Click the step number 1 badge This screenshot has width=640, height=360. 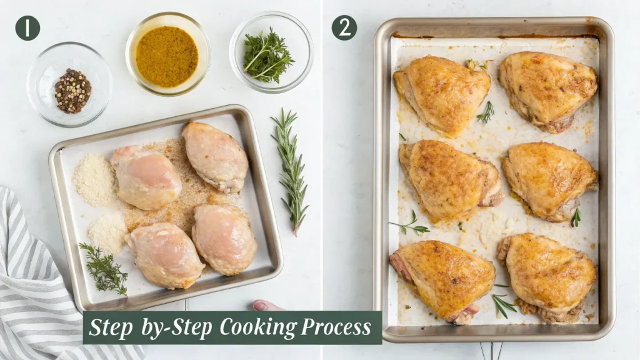(x=27, y=28)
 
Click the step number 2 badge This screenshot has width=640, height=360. (x=344, y=28)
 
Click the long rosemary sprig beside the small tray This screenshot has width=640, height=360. (x=291, y=169)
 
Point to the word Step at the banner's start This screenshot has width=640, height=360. (x=111, y=327)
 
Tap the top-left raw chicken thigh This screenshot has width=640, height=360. (x=146, y=177)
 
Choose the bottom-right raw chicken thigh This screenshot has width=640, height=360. (x=224, y=239)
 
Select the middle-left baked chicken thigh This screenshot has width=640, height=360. (x=449, y=179)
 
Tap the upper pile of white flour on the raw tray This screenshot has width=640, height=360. (x=95, y=179)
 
